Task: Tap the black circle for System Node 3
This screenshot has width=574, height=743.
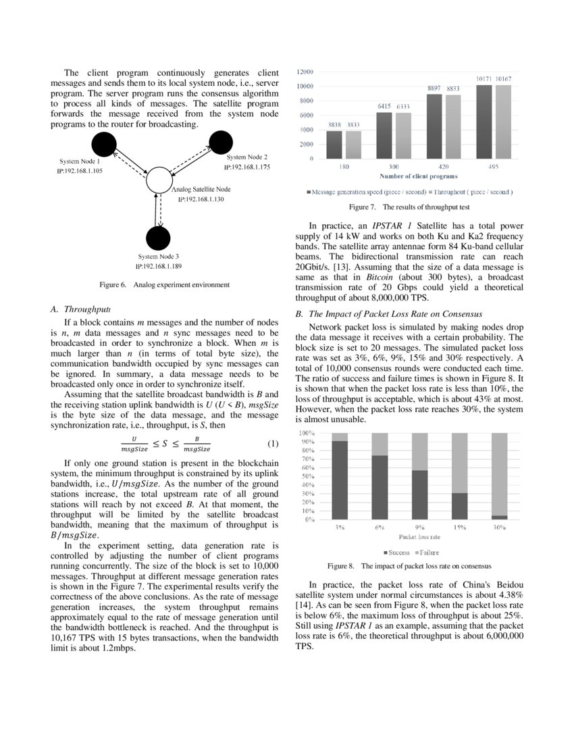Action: tap(158, 238)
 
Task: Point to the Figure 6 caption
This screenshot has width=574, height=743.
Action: tap(165, 285)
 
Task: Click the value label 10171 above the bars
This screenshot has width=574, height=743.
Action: tap(484, 80)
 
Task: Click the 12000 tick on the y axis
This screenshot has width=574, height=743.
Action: tap(306, 72)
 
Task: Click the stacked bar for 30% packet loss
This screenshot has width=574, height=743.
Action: tap(499, 476)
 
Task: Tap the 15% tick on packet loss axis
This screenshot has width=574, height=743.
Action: tap(459, 528)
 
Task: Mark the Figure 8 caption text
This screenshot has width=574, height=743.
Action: tap(409, 565)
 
